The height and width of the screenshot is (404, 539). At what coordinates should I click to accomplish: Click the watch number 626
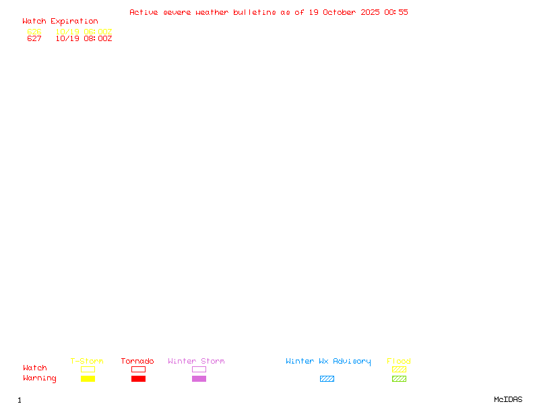(x=34, y=32)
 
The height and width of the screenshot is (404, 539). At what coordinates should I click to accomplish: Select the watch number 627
(x=34, y=39)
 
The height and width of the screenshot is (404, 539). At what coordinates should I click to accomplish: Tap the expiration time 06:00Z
(x=98, y=32)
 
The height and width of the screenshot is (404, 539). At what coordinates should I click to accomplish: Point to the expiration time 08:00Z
(x=98, y=39)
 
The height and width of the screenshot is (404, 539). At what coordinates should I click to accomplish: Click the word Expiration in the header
(x=74, y=22)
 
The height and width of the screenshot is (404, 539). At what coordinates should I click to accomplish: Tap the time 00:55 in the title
(x=396, y=12)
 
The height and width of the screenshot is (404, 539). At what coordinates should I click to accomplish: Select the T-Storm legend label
(x=87, y=362)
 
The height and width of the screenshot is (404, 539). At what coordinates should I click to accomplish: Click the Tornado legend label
(x=137, y=362)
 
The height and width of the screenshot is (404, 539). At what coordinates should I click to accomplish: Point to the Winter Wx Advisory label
(x=328, y=362)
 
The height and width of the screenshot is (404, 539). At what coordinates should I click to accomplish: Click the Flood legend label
(x=399, y=362)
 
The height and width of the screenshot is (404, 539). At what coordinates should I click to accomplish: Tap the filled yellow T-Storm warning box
(x=88, y=379)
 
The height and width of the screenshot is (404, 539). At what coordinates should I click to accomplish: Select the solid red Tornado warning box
(x=138, y=379)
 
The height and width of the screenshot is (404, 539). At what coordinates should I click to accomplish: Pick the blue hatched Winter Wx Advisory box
(x=327, y=379)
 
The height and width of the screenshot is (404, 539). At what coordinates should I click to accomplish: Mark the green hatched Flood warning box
(x=399, y=379)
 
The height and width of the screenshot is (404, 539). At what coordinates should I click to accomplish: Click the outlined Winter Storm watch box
(x=199, y=370)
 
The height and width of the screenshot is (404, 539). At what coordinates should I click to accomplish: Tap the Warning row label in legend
(x=40, y=378)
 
